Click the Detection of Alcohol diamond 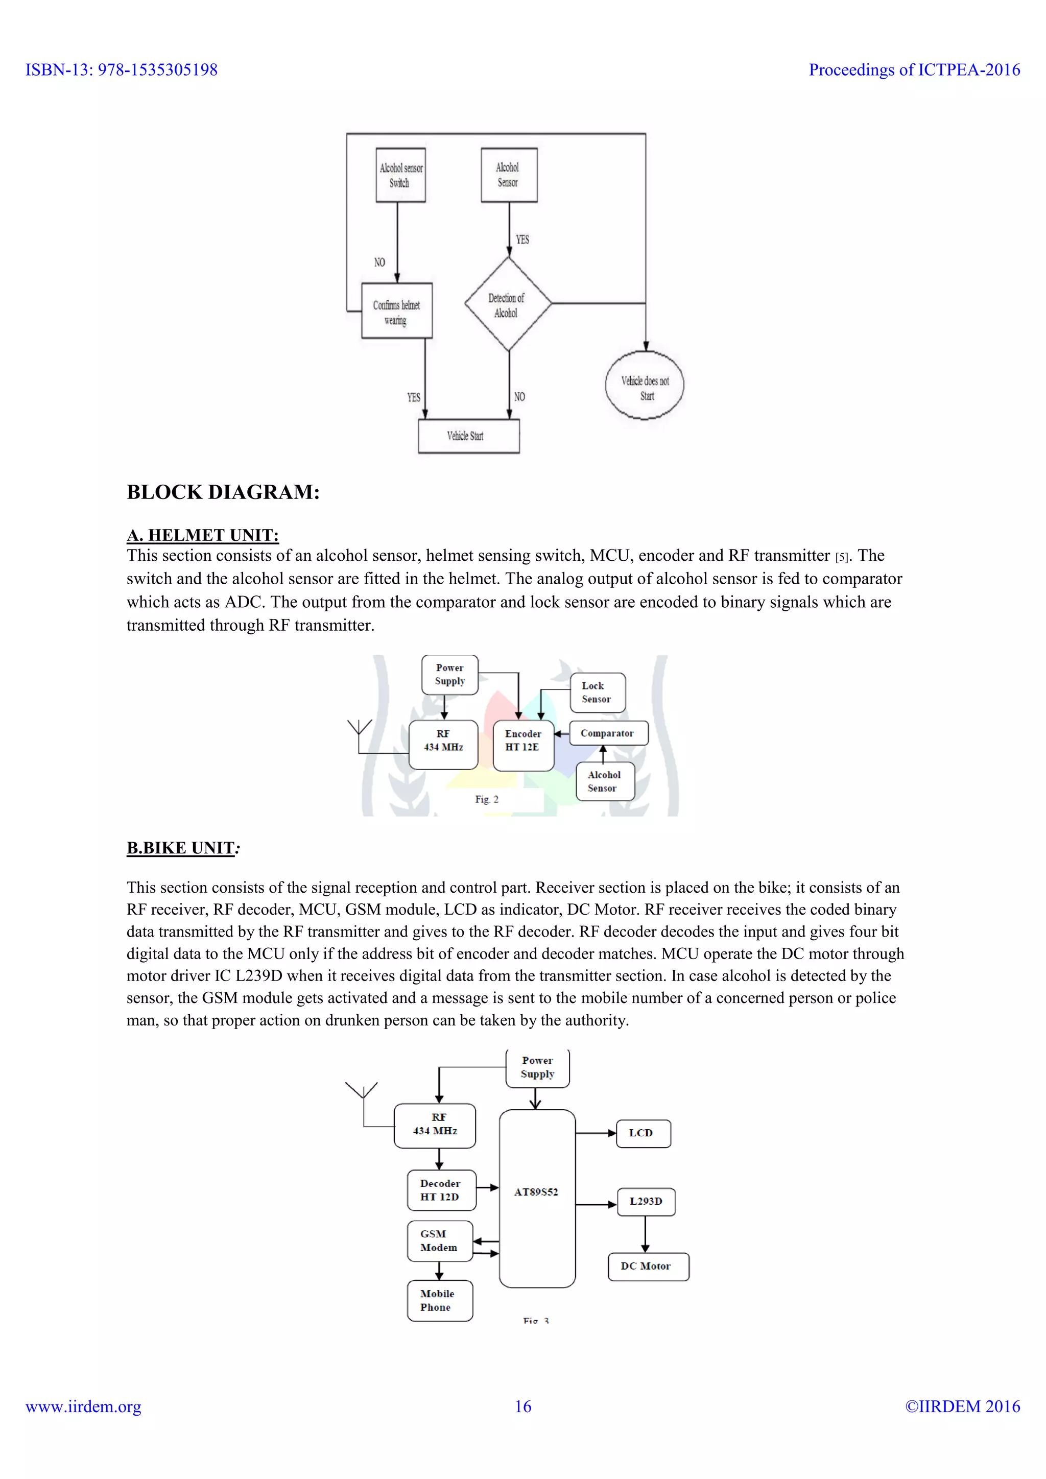point(508,305)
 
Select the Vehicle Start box point(468,436)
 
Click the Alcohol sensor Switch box point(400,175)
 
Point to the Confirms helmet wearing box point(396,312)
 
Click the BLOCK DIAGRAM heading point(223,492)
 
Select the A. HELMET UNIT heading point(202,535)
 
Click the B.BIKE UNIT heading point(181,848)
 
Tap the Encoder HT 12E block point(523,745)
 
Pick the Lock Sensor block point(597,693)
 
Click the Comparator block point(608,733)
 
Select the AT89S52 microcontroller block point(536,1198)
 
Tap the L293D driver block point(646,1201)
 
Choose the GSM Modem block point(440,1241)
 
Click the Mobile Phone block point(440,1301)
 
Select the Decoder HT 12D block point(441,1190)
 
